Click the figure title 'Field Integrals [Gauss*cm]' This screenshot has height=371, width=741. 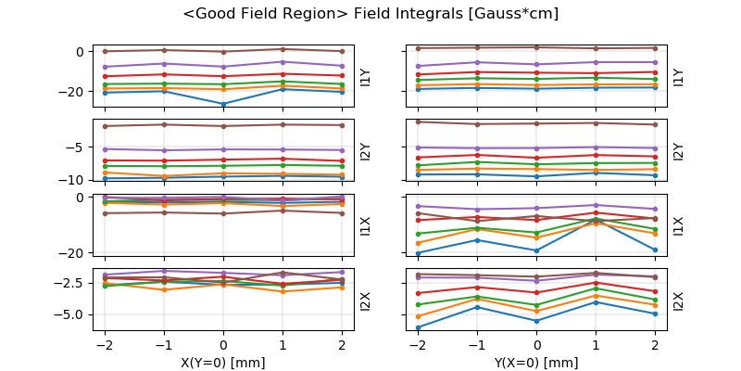370,14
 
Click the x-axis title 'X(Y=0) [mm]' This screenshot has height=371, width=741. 223,362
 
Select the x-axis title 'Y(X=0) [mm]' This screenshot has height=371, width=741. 537,362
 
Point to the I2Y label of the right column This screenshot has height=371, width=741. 678,150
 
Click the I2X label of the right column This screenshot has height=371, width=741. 678,301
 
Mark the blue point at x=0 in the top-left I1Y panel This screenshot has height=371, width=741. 223,104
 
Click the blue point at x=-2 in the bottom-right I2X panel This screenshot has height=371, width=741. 419,327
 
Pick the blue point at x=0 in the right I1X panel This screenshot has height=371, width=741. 537,250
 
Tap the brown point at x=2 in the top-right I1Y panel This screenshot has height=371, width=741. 655,47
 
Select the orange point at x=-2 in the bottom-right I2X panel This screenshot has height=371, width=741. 419,316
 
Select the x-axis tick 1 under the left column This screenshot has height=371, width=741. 283,345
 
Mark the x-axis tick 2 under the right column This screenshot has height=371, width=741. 655,345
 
